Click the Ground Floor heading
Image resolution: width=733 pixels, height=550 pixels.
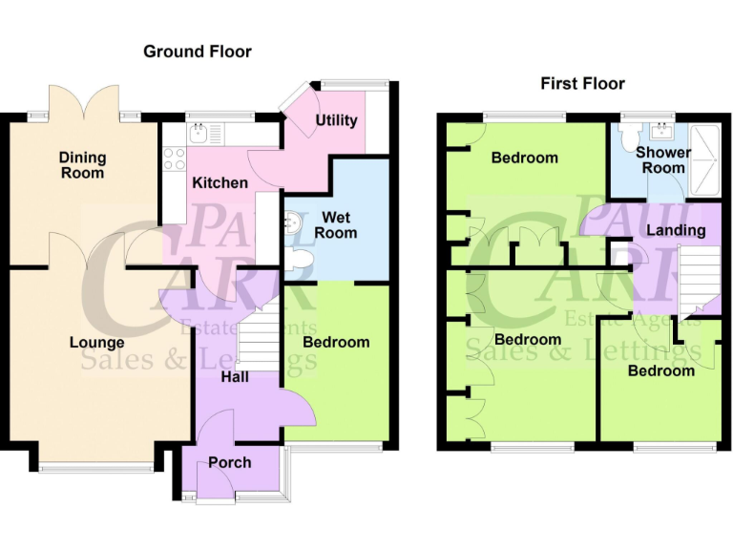pos(197,52)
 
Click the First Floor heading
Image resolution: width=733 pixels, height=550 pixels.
pos(582,84)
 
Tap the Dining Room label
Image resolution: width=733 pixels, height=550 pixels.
pos(82,165)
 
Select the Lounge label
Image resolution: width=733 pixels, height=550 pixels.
pos(96,342)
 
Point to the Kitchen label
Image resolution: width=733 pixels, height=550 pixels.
pos(220,182)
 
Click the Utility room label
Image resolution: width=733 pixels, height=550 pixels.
pos(336,120)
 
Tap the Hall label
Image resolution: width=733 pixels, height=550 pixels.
pos(235,377)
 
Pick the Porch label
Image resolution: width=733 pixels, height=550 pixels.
pos(229,462)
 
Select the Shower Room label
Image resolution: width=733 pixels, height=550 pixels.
pos(663,159)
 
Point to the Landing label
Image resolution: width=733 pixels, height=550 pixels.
pos(676,230)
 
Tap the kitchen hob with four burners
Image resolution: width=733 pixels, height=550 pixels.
pos(174,159)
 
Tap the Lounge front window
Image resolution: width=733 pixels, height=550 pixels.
pos(95,467)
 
